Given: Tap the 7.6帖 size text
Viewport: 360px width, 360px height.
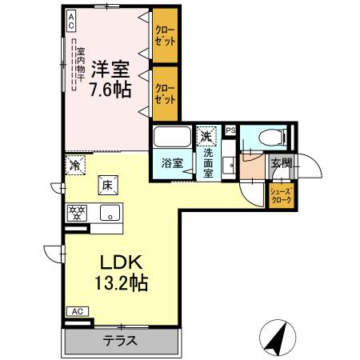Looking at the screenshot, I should click(110, 89).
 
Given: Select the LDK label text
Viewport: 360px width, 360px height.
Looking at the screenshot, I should click(120, 262).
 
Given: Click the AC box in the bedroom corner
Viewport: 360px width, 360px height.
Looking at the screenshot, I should click(71, 19).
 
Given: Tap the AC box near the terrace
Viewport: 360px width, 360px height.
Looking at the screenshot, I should click(78, 311).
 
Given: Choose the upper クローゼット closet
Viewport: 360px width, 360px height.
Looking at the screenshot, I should click(165, 36).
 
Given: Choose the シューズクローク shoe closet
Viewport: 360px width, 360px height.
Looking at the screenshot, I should click(281, 196).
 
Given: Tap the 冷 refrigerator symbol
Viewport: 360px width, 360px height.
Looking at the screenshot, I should click(74, 165).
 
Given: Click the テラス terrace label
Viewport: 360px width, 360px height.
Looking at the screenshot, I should click(120, 340).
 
